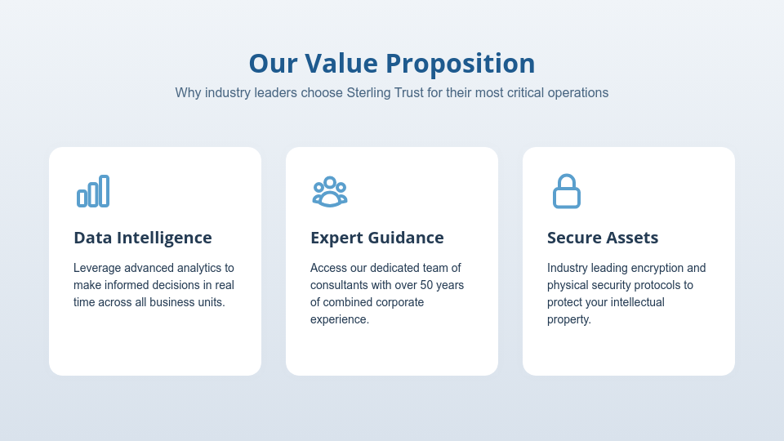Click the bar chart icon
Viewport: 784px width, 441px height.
tap(93, 191)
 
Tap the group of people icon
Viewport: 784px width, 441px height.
tap(330, 191)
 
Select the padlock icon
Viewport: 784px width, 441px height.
tap(567, 191)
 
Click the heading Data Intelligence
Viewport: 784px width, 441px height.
tap(143, 238)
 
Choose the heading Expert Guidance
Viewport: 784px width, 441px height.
tap(377, 238)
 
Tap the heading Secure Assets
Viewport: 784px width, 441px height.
tap(603, 238)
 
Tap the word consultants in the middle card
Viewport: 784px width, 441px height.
tap(340, 285)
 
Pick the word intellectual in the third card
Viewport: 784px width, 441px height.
tap(634, 302)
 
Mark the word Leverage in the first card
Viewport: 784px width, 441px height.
tap(97, 268)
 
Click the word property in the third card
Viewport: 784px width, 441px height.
tap(568, 319)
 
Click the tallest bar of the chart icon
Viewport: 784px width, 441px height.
tap(104, 190)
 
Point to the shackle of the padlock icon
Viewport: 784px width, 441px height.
tap(567, 180)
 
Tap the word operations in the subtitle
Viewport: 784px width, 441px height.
tap(579, 92)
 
